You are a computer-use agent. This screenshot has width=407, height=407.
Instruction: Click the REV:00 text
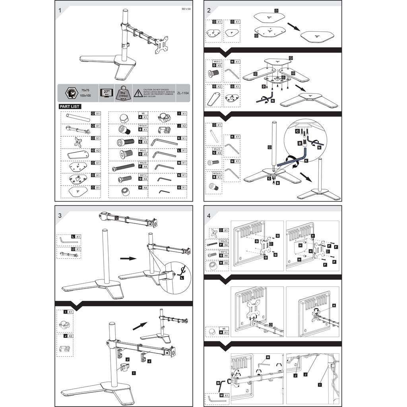point(186,9)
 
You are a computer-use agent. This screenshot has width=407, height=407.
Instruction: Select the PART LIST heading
point(70,107)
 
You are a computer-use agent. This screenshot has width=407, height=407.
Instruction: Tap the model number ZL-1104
point(182,93)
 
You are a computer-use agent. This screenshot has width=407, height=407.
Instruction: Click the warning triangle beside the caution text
point(138,93)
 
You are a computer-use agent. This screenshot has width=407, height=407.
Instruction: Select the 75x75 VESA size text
point(85,90)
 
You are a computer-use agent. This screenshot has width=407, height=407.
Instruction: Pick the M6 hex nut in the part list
point(123,118)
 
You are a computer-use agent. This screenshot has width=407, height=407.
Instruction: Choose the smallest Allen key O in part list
point(164,192)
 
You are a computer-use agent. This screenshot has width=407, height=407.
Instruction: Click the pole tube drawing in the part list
point(78,118)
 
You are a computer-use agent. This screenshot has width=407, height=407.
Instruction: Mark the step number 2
point(208,10)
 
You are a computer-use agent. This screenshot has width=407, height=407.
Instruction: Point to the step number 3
point(60,215)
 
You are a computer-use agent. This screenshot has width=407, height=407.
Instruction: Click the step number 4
point(209,215)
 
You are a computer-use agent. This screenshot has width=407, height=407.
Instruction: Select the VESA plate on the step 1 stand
point(162,46)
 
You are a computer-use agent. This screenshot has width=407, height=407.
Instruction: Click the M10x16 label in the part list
point(143,126)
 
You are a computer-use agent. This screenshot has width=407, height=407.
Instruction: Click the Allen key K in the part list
point(164,141)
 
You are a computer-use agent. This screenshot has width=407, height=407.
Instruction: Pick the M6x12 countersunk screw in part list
point(124,155)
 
